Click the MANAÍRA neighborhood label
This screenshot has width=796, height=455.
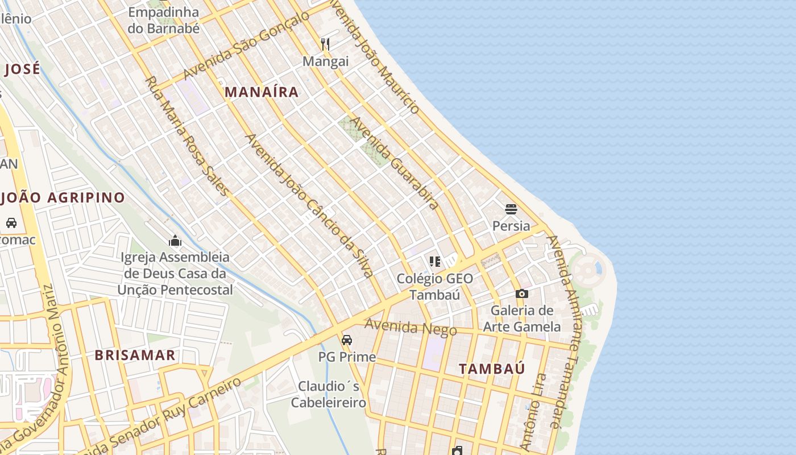tap(262, 92)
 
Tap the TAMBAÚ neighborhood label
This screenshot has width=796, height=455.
tap(492, 369)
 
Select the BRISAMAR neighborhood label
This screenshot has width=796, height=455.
tap(135, 355)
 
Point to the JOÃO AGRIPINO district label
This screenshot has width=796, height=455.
tap(63, 198)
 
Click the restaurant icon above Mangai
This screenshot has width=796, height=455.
tap(325, 44)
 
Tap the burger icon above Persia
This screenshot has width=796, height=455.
tap(511, 209)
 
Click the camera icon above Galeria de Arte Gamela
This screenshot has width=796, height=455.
tap(521, 293)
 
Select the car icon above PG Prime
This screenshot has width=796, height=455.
tap(346, 340)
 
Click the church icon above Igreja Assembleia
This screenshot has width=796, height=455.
tap(175, 241)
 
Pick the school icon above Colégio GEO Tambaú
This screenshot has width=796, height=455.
tap(435, 262)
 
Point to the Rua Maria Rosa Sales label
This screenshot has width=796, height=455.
tap(188, 136)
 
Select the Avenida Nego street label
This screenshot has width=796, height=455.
tap(411, 327)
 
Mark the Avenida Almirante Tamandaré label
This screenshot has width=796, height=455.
tap(566, 330)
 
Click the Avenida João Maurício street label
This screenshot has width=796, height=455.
tap(375, 57)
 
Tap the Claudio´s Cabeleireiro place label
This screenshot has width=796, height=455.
tap(329, 395)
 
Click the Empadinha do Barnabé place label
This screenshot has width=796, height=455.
tap(164, 20)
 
